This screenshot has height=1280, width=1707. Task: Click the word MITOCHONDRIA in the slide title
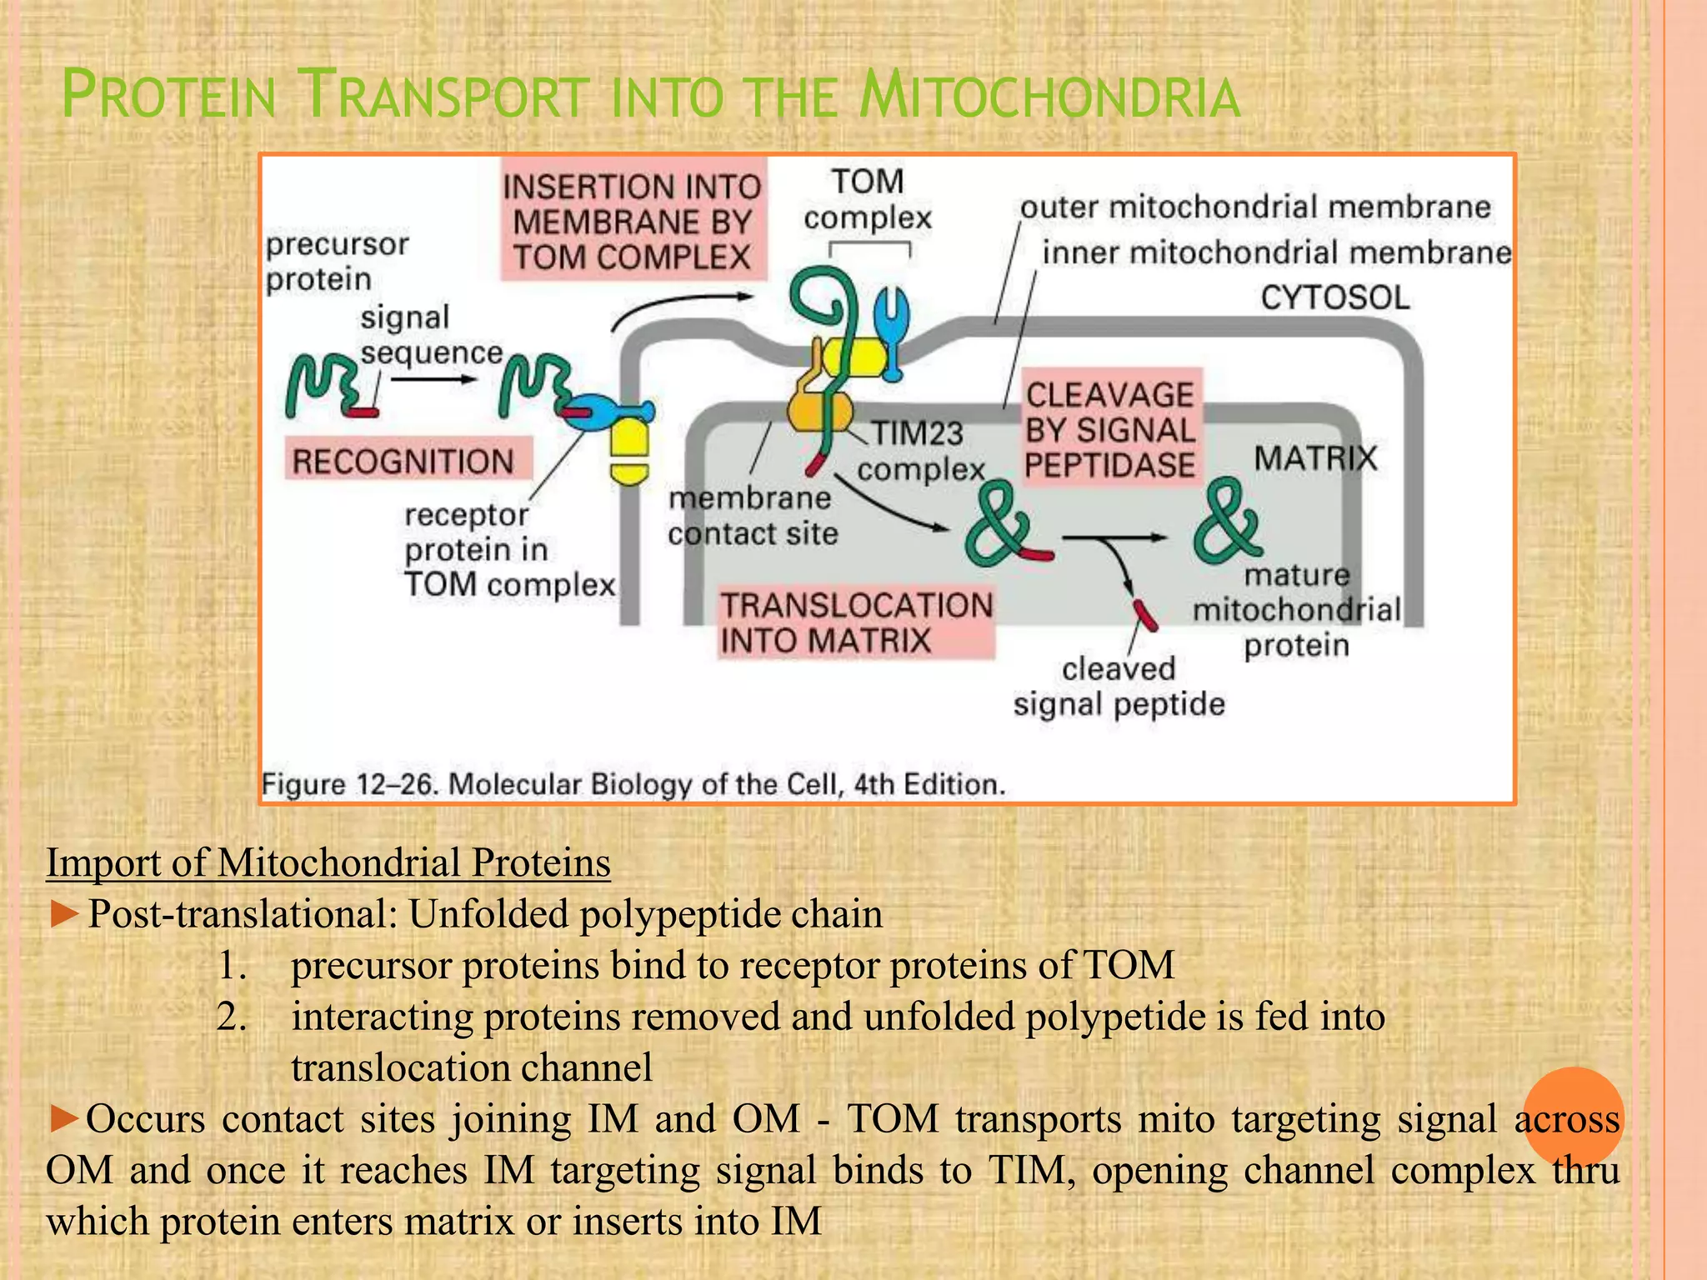pos(1050,97)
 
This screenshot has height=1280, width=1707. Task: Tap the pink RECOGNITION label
pos(403,461)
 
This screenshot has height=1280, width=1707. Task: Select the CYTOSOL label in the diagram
pos(1334,297)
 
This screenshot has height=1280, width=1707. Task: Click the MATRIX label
pos(1315,457)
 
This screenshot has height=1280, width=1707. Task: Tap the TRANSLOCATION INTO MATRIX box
pos(856,622)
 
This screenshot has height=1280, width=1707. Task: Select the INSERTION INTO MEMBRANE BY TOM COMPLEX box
pos(632,222)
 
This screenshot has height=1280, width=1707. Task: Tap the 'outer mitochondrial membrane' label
pos(1255,207)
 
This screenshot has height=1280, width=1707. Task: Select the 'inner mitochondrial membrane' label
pos(1276,252)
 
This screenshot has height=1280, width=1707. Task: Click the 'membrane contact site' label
pos(752,516)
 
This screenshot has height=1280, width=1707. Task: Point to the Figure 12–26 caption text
pos(633,784)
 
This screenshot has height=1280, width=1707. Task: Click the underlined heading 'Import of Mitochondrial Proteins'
pos(328,862)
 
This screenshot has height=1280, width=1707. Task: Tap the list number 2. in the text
pos(232,1017)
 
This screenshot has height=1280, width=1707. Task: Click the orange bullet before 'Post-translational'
pos(63,914)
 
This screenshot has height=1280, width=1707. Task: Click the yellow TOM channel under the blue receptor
pos(629,451)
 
